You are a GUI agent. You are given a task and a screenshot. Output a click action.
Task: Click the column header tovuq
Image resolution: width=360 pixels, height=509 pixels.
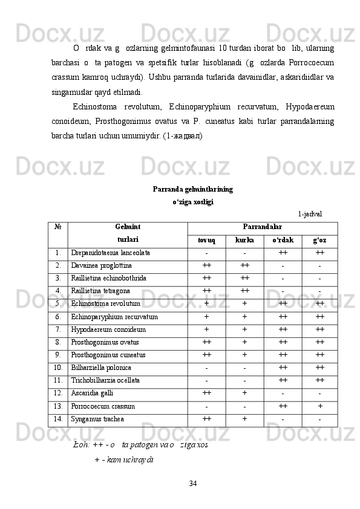point(207,240)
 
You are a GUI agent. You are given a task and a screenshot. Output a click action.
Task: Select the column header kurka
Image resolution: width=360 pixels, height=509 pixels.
point(244,240)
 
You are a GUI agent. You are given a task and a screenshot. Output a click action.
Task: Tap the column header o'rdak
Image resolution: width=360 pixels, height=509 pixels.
point(283,240)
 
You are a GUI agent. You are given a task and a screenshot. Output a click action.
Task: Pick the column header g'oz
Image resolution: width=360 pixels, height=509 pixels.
point(319,240)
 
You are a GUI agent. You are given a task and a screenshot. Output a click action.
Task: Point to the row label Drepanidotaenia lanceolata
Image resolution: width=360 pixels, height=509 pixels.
point(110,252)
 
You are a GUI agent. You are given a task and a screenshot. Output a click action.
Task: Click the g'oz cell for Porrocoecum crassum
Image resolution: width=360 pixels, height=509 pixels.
point(319,406)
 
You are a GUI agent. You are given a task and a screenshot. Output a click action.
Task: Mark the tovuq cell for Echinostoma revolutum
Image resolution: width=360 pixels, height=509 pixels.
point(207,303)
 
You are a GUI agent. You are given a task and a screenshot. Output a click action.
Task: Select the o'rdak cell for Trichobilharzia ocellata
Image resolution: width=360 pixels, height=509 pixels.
point(283,380)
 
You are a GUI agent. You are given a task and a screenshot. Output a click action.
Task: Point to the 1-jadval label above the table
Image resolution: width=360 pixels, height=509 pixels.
point(310,213)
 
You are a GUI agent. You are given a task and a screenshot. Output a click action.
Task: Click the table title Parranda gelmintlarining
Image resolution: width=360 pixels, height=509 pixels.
point(192,189)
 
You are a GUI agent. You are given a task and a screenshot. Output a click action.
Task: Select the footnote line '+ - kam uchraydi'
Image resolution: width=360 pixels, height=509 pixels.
point(124,460)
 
